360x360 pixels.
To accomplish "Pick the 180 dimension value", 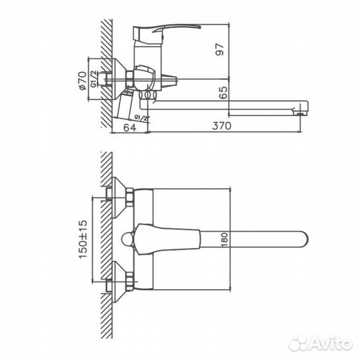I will pyautogui.click(x=224, y=239).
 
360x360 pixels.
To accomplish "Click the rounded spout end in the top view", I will pyautogui.click(x=300, y=239).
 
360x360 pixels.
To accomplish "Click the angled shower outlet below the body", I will pyautogui.click(x=127, y=107).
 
